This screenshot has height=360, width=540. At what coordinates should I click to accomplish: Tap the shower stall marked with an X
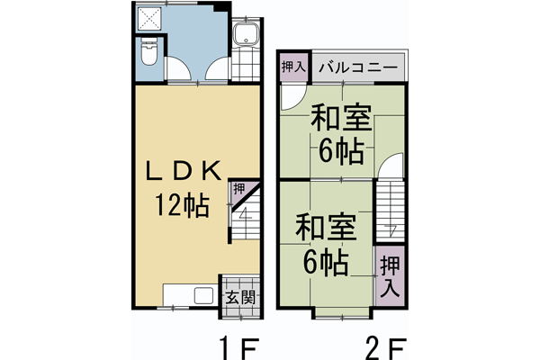(x=148, y=21)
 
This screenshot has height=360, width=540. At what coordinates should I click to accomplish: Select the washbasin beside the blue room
(x=245, y=37)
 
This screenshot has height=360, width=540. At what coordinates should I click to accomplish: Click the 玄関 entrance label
(x=240, y=296)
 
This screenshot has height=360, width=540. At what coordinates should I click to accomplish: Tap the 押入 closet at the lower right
(x=388, y=276)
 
